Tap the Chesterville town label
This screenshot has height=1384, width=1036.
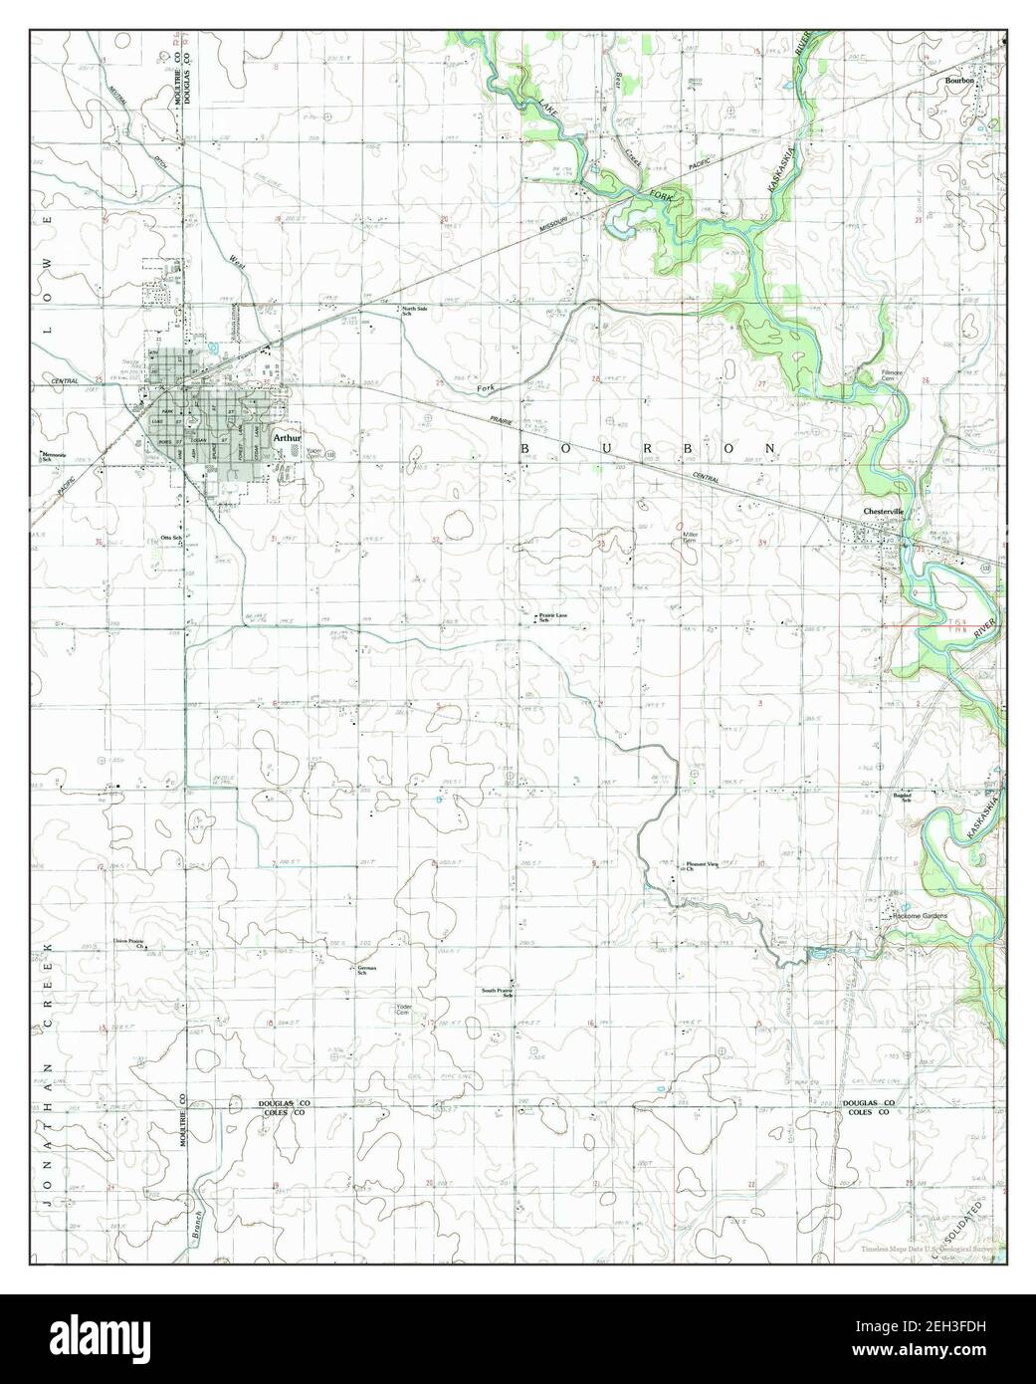coord(883,511)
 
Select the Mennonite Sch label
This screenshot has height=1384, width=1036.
coord(53,457)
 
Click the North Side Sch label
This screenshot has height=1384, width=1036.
coord(414,311)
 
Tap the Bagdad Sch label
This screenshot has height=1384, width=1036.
coord(901,799)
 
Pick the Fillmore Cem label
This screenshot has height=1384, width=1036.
coord(891,375)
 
